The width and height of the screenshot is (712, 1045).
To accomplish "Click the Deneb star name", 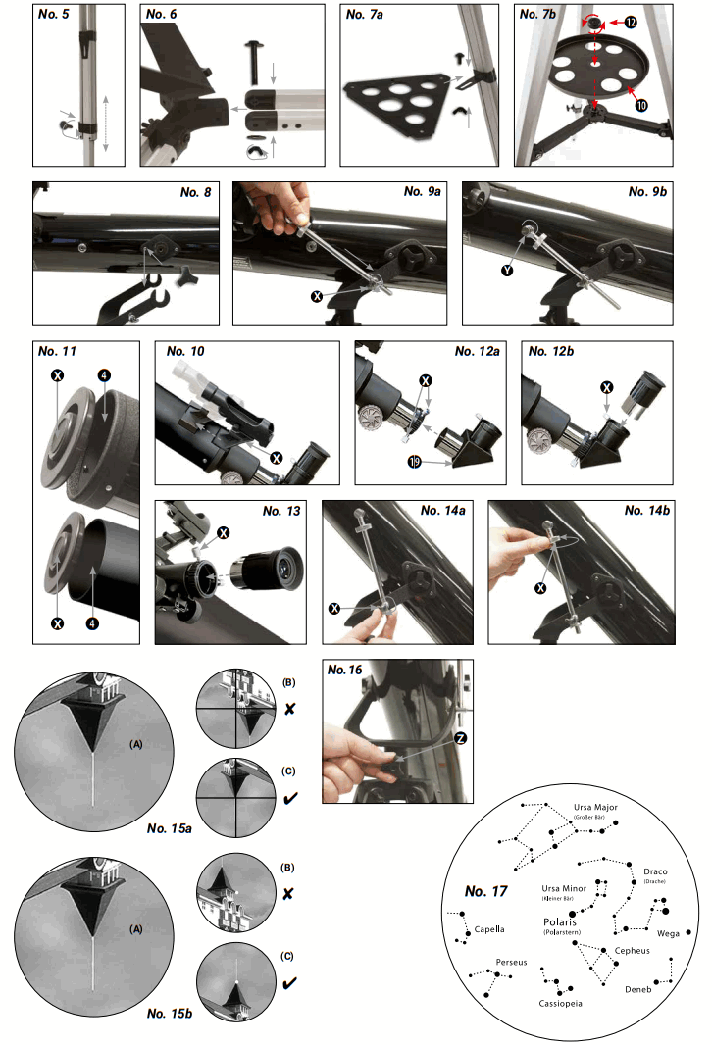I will (x=638, y=989).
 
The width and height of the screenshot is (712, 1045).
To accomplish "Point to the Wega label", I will (x=668, y=932).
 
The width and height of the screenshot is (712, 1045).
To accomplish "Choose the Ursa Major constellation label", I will (x=596, y=807).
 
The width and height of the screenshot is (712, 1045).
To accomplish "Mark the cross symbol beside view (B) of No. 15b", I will (x=291, y=894).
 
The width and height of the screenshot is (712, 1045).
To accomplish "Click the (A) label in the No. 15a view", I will (x=138, y=744).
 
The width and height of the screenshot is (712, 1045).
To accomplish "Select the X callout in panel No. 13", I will (x=224, y=532).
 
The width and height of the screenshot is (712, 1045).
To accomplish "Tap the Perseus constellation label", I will (x=511, y=962).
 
